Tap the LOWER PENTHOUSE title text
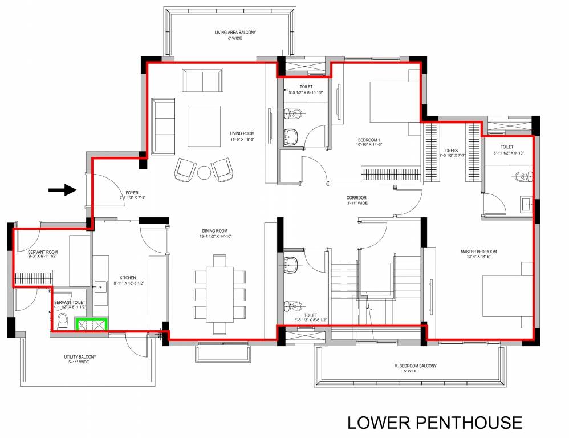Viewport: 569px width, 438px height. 434,423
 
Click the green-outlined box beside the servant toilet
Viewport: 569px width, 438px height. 91,324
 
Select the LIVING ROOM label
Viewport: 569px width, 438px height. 242,133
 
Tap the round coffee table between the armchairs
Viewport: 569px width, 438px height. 204,172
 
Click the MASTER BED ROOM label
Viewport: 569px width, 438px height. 478,252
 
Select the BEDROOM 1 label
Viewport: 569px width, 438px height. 369,140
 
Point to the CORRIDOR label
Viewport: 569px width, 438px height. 357,198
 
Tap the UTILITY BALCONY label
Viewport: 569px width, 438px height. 80,358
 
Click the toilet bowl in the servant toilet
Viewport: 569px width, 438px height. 63,321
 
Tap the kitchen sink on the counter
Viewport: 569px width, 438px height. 100,286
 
